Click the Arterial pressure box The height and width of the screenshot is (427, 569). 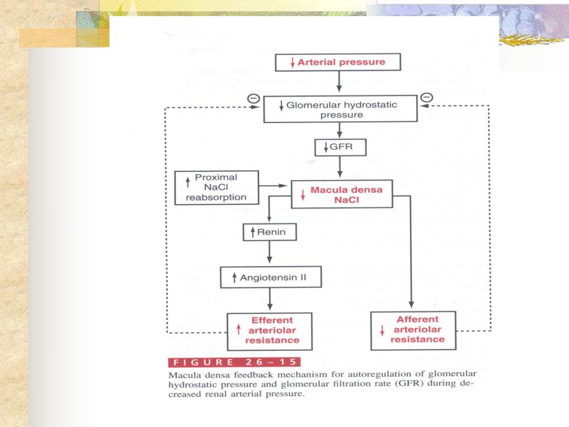pos(340,62)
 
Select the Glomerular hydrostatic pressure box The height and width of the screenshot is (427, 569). pos(341,110)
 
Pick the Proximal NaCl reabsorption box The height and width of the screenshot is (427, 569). pos(216,187)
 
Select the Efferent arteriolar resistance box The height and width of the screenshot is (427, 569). pos(271,330)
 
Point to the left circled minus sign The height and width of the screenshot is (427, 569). pos(253,98)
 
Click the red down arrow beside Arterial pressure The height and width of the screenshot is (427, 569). pos(293,63)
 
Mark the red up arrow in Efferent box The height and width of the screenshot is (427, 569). pos(239,330)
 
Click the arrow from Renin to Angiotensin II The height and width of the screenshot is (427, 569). pos(270,254)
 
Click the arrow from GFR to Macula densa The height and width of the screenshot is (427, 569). pos(341,168)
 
